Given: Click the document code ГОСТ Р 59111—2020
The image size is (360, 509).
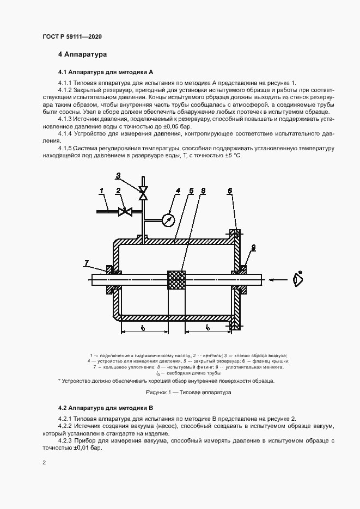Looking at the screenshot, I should [x=71, y=36].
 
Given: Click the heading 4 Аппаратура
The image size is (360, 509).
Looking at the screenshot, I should [x=83, y=55].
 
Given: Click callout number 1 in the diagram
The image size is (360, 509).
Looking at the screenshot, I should [x=101, y=190].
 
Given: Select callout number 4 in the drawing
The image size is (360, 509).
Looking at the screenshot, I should [x=178, y=191].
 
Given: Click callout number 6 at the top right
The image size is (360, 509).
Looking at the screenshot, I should [x=230, y=191].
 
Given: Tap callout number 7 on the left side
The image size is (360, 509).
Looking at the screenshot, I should [x=86, y=263].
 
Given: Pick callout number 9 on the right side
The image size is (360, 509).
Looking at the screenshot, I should [x=253, y=248].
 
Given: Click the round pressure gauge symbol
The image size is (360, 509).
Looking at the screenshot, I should [x=169, y=220].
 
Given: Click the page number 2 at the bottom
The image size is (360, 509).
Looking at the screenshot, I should [x=44, y=462].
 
